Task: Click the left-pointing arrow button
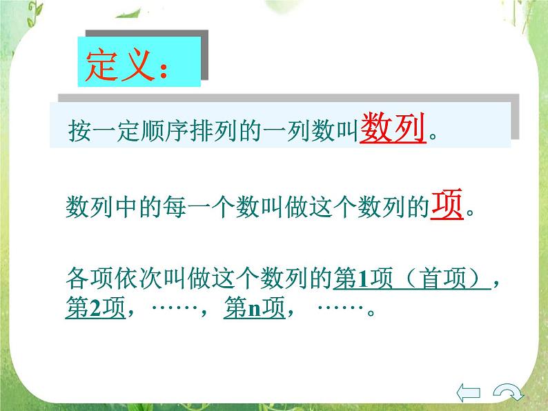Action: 470,392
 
